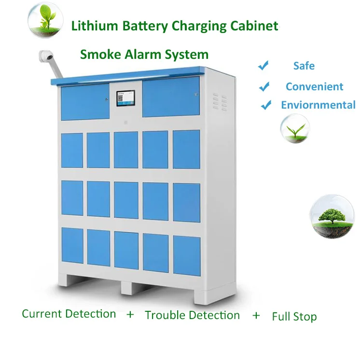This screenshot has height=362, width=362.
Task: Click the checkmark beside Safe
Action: click(263, 66)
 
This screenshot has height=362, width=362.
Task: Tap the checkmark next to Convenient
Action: click(264, 86)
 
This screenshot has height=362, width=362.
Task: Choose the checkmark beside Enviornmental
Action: click(266, 105)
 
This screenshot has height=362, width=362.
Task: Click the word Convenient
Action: click(314, 86)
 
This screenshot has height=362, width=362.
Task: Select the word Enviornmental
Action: click(318, 105)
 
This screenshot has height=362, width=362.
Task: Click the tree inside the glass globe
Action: click(333, 215)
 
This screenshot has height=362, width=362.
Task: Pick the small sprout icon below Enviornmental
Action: click(295, 129)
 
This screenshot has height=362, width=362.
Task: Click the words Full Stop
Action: click(294, 317)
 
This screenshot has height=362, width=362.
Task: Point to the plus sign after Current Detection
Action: click(130, 314)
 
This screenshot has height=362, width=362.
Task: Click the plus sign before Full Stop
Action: click(256, 315)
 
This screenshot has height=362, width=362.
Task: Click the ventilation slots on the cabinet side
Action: click(220, 102)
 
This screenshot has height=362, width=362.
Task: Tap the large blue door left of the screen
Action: click(85, 102)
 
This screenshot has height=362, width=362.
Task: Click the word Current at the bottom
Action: click(42, 314)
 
